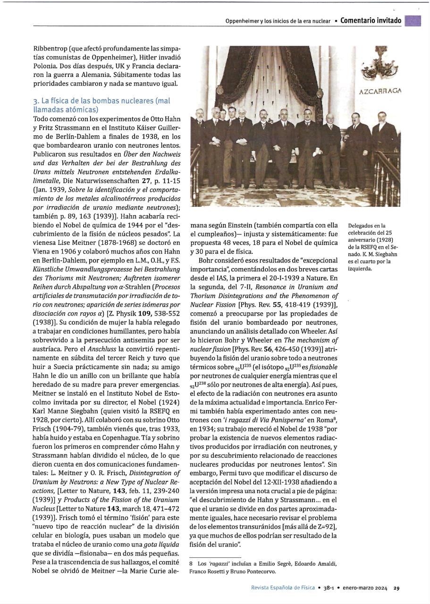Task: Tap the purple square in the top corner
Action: (x=413, y=20)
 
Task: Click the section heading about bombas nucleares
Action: (x=101, y=105)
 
